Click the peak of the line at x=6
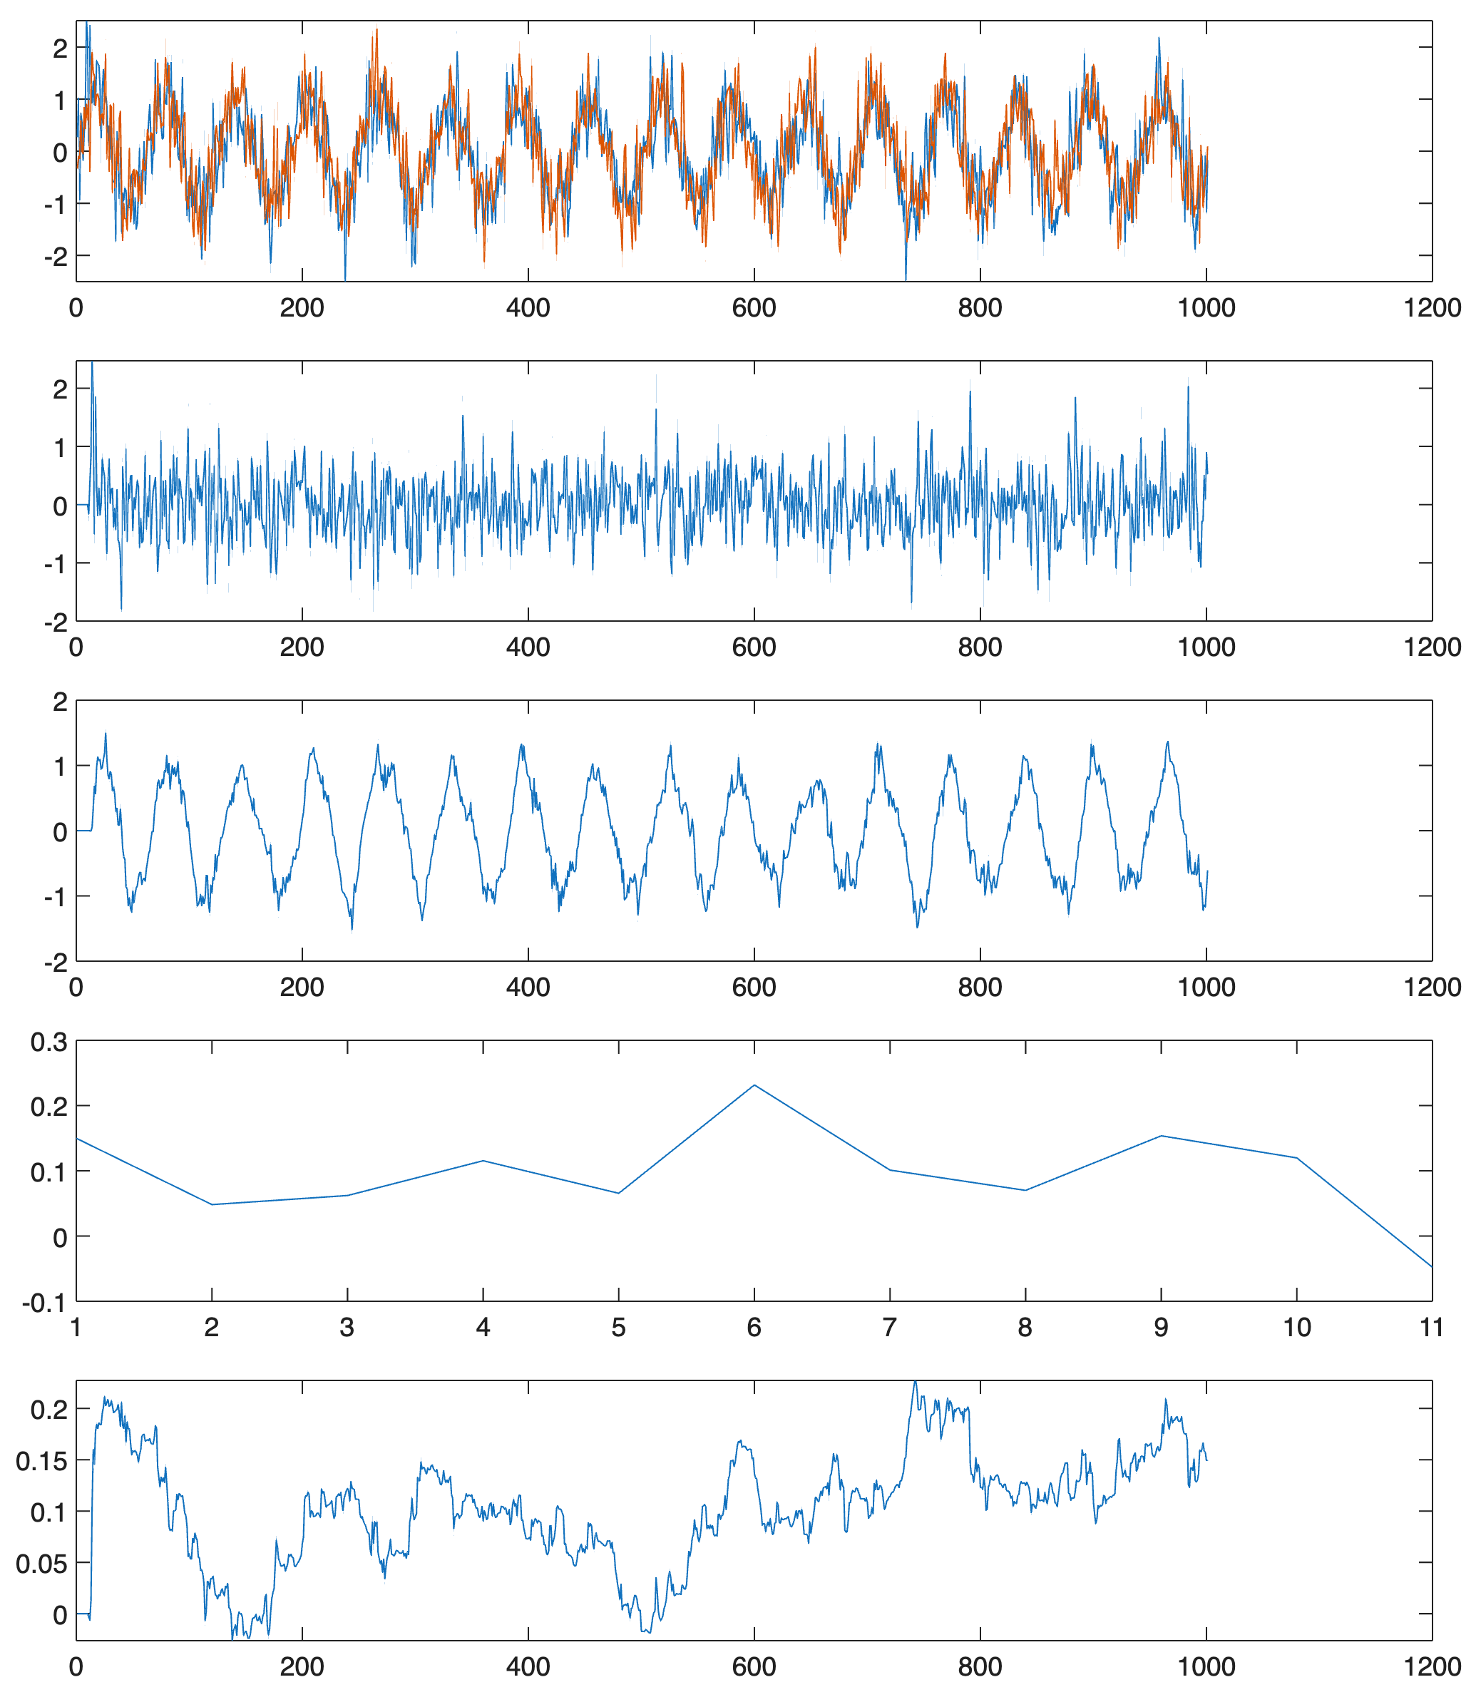point(754,1085)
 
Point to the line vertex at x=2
point(212,1204)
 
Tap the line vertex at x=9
point(1161,1135)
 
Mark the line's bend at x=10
point(1297,1157)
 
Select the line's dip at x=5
point(619,1192)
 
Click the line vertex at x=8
point(1025,1190)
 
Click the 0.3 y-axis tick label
point(48,1042)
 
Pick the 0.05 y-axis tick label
point(41,1563)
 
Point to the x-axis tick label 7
point(890,1327)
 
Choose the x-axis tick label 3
point(347,1327)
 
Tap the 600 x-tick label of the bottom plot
point(754,1666)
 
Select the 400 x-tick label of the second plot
point(528,647)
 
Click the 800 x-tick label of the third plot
point(980,987)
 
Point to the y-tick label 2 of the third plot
point(59,702)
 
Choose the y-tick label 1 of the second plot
point(59,448)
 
